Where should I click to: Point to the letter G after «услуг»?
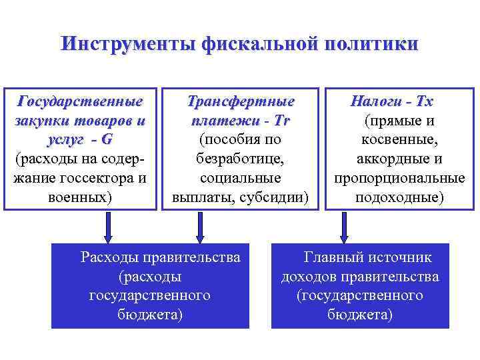[x=108, y=141]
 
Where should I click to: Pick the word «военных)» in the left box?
[x=81, y=198]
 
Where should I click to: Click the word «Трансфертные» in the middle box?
[x=241, y=102]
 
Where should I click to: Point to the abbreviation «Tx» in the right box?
[x=423, y=102]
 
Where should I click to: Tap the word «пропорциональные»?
[x=399, y=179]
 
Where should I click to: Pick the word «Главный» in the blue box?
[x=333, y=257]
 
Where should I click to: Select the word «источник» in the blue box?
[x=399, y=257]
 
